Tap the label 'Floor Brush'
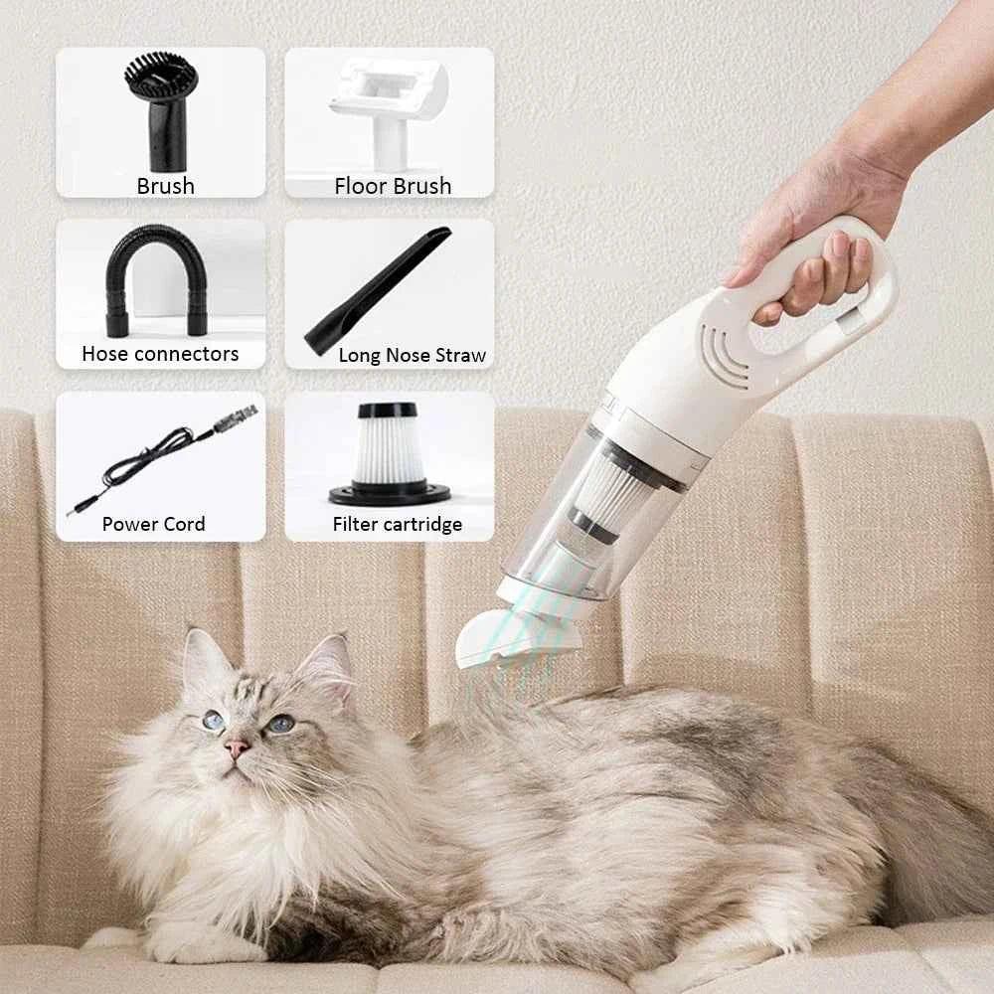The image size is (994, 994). pyautogui.click(x=393, y=186)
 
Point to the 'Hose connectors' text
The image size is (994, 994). pyautogui.click(x=160, y=354)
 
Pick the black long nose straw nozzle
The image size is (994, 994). pyautogui.click(x=378, y=284)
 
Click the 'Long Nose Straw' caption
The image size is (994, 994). pyautogui.click(x=412, y=355)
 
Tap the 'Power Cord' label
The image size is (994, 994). pyautogui.click(x=153, y=524)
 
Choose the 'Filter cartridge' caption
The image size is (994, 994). pyautogui.click(x=397, y=525)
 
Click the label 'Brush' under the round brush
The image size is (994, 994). pyautogui.click(x=165, y=186)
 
